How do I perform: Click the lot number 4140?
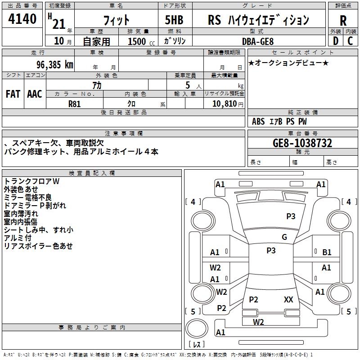pyautogui.click(x=22, y=19)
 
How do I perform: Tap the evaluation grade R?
pyautogui.click(x=343, y=20)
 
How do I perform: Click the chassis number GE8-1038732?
pyautogui.click(x=302, y=143)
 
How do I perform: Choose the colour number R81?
pyautogui.click(x=74, y=103)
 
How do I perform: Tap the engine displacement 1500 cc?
pyautogui.click(x=137, y=41)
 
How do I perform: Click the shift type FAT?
pyautogui.click(x=13, y=94)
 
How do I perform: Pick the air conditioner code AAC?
pyautogui.click(x=35, y=94)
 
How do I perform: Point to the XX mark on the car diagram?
pyautogui.click(x=288, y=299)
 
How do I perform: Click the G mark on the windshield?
pyautogui.click(x=284, y=237)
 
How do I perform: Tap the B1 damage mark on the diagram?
pyautogui.click(x=327, y=252)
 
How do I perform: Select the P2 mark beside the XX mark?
pyautogui.click(x=254, y=300)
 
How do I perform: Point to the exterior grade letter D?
pyautogui.click(x=335, y=41)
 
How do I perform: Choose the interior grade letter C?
pyautogui.click(x=351, y=41)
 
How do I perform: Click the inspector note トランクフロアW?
pyautogui.click(x=31, y=181)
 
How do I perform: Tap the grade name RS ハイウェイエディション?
pyautogui.click(x=258, y=20)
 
